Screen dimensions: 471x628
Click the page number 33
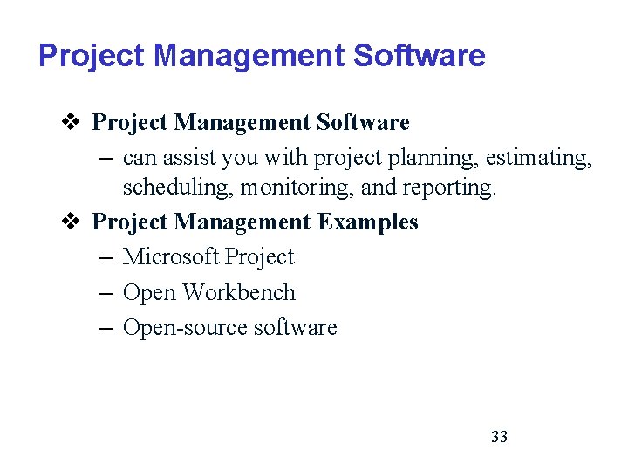tap(500, 436)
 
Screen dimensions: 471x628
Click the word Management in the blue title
tap(249, 56)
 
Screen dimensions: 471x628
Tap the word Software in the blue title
tap(420, 56)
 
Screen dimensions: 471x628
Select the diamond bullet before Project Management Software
tap(75, 122)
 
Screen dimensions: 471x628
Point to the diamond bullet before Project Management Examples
tap(75, 222)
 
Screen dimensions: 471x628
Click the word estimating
tap(537, 158)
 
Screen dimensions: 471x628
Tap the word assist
tap(189, 158)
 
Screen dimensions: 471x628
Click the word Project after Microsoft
tap(259, 256)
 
